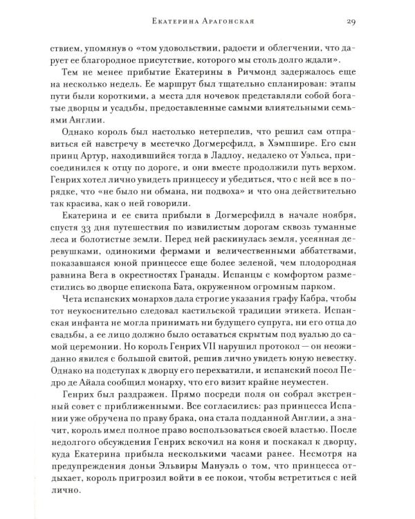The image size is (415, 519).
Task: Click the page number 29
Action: click(x=351, y=22)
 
